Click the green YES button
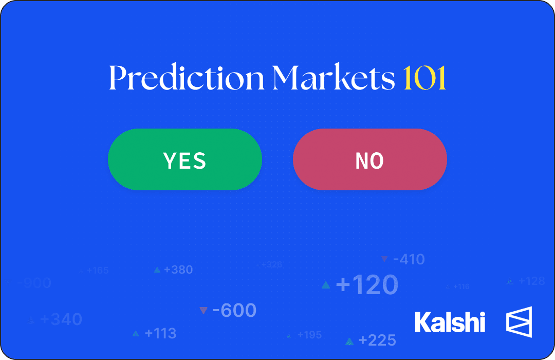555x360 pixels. click(185, 160)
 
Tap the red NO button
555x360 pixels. click(369, 160)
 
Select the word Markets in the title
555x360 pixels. click(334, 79)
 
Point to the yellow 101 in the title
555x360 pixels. click(424, 79)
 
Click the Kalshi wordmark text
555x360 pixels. click(450, 322)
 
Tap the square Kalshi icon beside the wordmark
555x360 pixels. click(519, 322)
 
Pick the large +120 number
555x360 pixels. click(367, 284)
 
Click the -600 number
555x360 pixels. click(234, 311)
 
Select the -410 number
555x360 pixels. click(409, 259)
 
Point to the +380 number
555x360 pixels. click(178, 269)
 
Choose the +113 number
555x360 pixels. click(160, 333)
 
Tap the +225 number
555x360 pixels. click(377, 340)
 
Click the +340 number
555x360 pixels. click(61, 319)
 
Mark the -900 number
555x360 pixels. click(34, 283)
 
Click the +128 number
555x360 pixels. click(531, 281)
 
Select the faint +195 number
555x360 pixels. click(309, 335)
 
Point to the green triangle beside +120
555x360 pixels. click(325, 285)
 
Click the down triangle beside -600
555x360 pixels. click(203, 311)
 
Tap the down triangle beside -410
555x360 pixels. click(384, 259)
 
